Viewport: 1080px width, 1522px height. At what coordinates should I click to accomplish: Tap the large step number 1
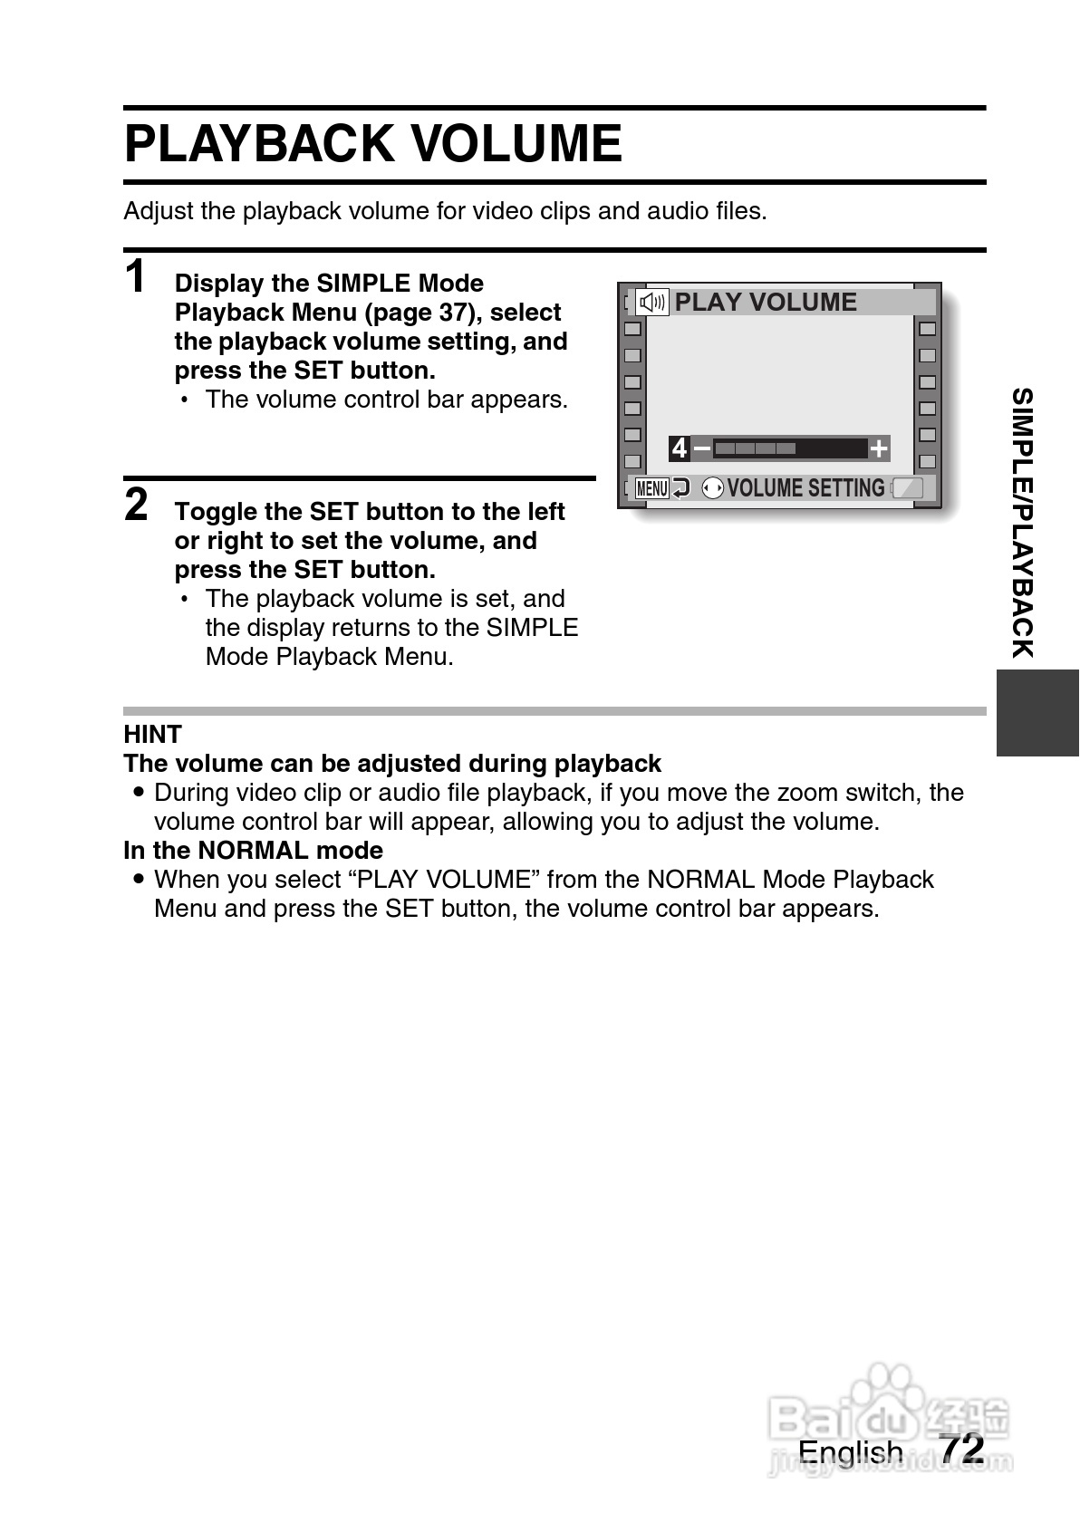tap(136, 276)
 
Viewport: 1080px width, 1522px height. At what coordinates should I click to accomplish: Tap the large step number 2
tap(136, 505)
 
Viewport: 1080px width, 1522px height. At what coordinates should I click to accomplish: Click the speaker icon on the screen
tap(652, 303)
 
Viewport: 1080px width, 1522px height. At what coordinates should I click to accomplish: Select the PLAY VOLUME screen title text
tap(766, 303)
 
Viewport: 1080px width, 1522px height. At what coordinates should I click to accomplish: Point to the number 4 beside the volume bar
tap(679, 448)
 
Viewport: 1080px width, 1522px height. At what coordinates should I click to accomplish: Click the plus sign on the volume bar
tap(878, 448)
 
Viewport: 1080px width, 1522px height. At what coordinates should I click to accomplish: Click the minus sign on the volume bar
tap(701, 448)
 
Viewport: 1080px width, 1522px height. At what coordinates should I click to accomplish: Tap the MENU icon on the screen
tap(651, 488)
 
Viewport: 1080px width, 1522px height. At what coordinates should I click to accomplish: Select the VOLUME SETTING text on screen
tap(805, 488)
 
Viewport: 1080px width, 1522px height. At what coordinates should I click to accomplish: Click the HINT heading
tap(152, 734)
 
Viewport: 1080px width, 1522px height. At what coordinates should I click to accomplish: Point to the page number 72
tap(961, 1449)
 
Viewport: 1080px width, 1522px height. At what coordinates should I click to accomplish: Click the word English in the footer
tap(850, 1452)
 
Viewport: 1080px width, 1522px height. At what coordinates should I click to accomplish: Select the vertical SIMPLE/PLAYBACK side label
tap(1023, 523)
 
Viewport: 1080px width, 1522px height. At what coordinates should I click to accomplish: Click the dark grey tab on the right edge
tap(1037, 712)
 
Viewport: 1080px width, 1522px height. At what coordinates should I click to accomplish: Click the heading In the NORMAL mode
tap(253, 850)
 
